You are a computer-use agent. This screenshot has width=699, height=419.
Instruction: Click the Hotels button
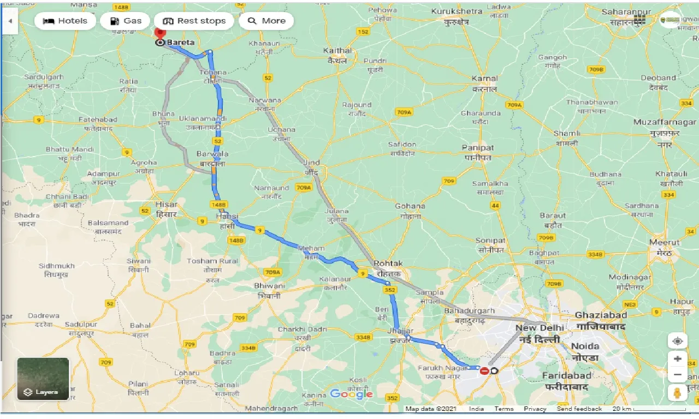[x=65, y=21]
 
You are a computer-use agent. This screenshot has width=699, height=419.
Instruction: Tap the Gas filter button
[x=125, y=21]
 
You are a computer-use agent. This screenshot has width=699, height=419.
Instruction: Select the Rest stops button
[x=194, y=21]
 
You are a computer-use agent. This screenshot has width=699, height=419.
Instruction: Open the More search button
[x=266, y=21]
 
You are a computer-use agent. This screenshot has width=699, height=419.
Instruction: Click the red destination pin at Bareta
[x=160, y=34]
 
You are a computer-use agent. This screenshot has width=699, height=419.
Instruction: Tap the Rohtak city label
[x=388, y=263]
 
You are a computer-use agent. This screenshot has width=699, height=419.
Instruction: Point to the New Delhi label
[x=540, y=328]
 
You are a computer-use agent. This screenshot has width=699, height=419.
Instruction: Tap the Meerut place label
[x=664, y=242]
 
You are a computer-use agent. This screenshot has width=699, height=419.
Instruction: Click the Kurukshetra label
[x=457, y=11]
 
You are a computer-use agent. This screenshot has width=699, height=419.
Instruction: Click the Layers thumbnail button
[x=43, y=379]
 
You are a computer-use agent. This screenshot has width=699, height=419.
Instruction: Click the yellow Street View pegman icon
[x=677, y=392]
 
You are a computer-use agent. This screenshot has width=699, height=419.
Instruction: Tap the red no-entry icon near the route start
[x=484, y=371]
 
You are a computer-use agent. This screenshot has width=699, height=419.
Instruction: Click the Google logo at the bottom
[x=351, y=394]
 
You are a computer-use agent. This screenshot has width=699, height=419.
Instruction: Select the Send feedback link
[x=579, y=409]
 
